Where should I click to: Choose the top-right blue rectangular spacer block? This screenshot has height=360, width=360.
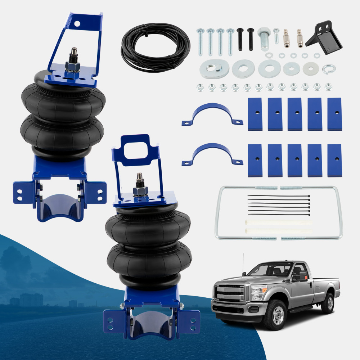(x=334, y=114)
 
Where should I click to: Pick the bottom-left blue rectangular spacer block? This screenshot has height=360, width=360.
(x=255, y=160)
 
